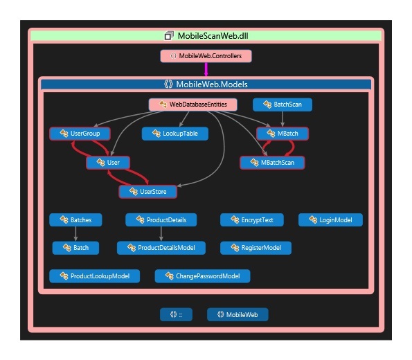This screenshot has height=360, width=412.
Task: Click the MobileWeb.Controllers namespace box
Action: click(x=206, y=56)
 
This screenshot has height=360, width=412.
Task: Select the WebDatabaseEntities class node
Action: click(x=193, y=105)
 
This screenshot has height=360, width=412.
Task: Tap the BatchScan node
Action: click(x=283, y=105)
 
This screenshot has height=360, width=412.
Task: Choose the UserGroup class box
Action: click(x=80, y=134)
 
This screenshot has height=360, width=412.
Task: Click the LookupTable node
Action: click(x=175, y=134)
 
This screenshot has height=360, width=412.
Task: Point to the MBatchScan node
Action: click(x=273, y=163)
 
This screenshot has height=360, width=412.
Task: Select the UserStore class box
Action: click(x=148, y=192)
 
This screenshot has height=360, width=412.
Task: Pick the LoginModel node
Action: click(x=330, y=220)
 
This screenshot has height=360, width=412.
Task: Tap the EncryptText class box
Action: click(x=252, y=220)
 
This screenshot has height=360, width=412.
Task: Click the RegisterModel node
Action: click(x=256, y=248)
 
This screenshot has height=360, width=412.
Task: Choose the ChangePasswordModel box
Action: click(x=203, y=276)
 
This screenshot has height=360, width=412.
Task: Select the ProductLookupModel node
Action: click(x=95, y=276)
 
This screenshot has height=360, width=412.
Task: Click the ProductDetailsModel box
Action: click(x=161, y=248)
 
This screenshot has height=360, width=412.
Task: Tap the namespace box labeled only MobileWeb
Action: click(x=238, y=314)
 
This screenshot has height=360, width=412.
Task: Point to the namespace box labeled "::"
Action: click(x=176, y=314)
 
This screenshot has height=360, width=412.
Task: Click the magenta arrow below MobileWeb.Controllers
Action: click(x=206, y=69)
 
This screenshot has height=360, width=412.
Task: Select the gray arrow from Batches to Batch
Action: click(x=75, y=233)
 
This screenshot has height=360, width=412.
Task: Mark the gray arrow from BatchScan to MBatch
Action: click(x=283, y=119)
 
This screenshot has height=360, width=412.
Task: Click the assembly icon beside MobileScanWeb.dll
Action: click(x=169, y=36)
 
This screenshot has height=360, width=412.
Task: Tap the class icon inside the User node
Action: click(x=100, y=163)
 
